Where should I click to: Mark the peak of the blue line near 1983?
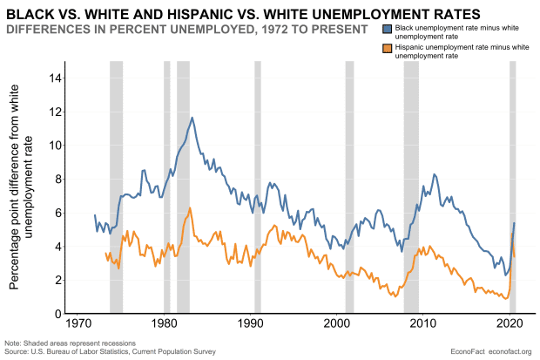[192, 118]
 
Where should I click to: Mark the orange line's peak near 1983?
[189, 208]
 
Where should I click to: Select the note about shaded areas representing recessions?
[57, 343]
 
